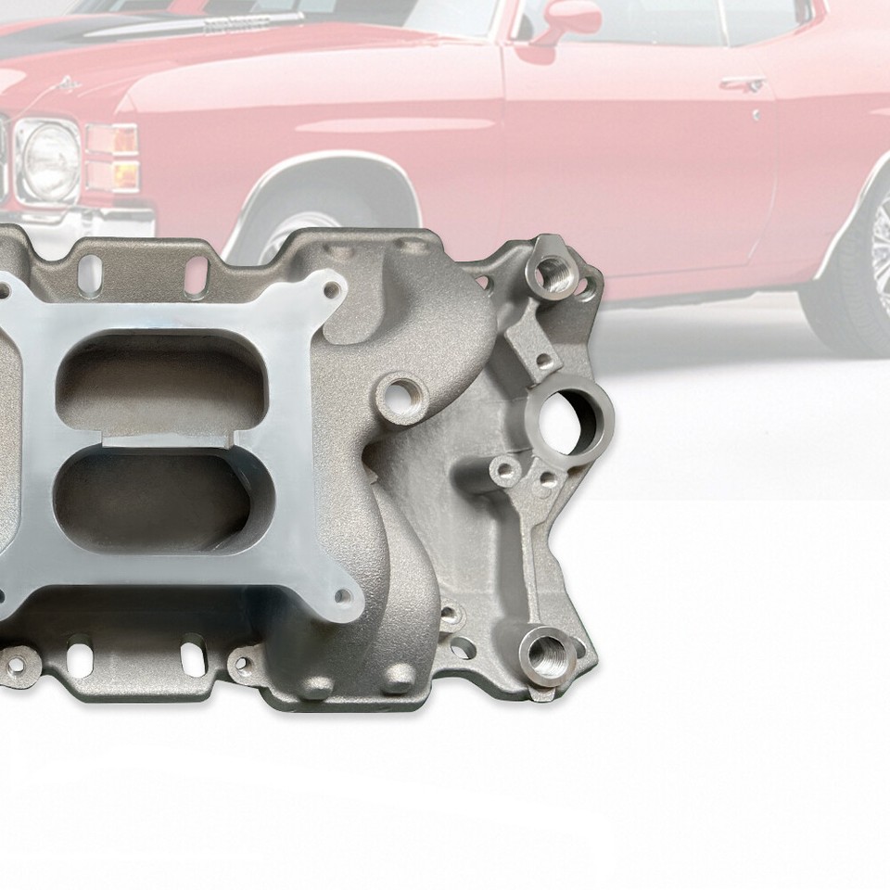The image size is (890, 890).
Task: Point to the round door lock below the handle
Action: (757, 115)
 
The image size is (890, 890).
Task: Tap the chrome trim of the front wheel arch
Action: (315, 175)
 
